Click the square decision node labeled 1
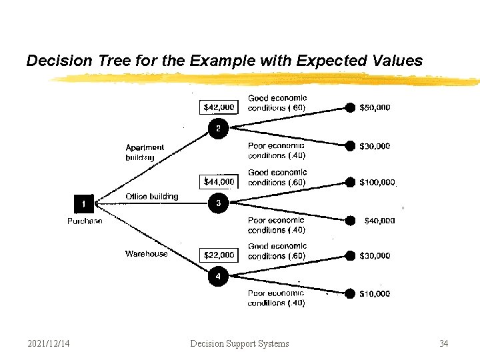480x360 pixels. pos(84,203)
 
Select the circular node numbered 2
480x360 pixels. pos(218,128)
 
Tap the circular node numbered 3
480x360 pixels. pos(218,203)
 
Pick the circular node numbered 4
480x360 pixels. pos(218,276)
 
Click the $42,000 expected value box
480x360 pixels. pos(219,107)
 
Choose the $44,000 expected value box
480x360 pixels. pos(219,181)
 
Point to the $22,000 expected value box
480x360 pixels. pos(219,255)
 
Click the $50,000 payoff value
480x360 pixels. pos(375,107)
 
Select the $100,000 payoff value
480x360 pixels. pos(377,182)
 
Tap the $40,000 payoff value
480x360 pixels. pos(379,221)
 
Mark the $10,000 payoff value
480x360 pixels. pos(375,293)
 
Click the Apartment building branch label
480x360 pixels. pos(145,152)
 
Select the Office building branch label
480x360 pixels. pos(152,197)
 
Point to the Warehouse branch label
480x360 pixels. pos(147,253)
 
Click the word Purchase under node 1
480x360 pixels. pos(85,221)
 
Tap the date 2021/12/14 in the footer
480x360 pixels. pos(50,343)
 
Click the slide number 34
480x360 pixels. pos(444,343)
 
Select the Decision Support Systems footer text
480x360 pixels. pos(239,343)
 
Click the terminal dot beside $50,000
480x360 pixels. pos(349,107)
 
